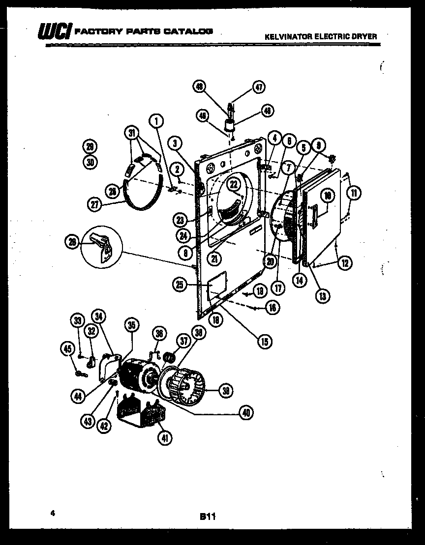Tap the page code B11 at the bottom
208,516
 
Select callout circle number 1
156,120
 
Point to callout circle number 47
258,87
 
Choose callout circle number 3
175,143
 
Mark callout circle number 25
180,284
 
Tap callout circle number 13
323,296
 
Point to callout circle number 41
165,437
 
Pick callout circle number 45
67,348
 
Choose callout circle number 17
279,287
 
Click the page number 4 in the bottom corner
51,513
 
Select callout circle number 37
184,340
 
